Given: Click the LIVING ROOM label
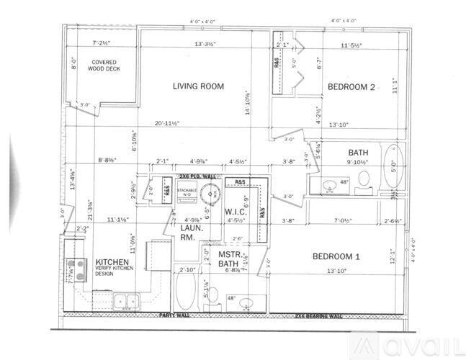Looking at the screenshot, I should point(198,86).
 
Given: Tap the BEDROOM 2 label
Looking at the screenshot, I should point(352,88).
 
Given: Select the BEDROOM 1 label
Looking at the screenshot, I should point(336,256).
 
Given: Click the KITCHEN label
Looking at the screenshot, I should point(112,262).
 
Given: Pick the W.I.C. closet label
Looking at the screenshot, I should point(236,212).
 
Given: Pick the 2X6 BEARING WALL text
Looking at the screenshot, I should point(319,315).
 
